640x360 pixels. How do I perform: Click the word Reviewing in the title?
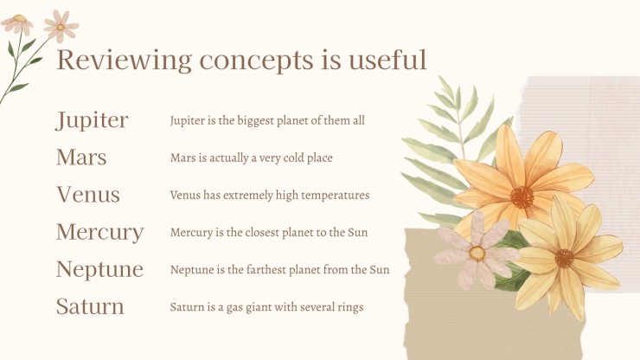124,61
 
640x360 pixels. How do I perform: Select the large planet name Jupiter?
92,121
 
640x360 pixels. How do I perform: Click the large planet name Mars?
81,157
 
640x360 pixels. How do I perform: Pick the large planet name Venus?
88,195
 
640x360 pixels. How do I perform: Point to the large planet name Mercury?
100,233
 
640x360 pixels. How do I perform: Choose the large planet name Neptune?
100,270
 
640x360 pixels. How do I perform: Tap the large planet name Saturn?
90,306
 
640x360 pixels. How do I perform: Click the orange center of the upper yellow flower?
522,197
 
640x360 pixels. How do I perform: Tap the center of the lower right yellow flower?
564,259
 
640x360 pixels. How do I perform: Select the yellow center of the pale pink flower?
477,254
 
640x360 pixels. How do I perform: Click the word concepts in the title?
256,61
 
